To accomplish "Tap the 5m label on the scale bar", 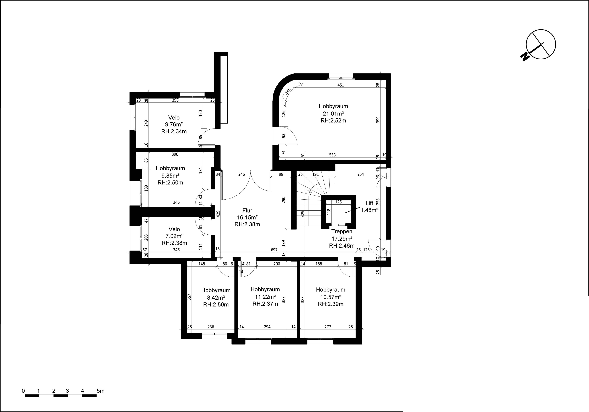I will [100, 391].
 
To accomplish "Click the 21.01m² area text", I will [333, 113].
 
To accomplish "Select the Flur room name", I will [247, 210].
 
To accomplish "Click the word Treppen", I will [342, 231].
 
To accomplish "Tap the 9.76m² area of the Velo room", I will [174, 125].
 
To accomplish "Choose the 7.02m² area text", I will [174, 236].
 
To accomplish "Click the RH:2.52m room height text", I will [333, 120].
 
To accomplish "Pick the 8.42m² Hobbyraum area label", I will [216, 298].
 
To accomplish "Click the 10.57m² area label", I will [331, 297].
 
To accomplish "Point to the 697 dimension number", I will [274, 249].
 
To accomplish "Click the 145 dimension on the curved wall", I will [288, 90].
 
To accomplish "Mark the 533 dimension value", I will [332, 155].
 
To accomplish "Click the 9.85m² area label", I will [170, 176].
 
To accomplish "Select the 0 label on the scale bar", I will [23, 391].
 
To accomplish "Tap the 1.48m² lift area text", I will [370, 210].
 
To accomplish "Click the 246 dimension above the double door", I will [241, 174].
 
